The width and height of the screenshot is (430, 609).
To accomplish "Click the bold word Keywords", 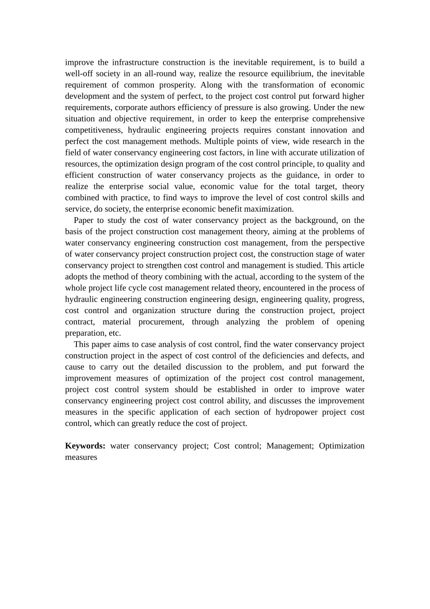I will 85,446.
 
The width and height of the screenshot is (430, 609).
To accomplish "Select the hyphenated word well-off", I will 79,74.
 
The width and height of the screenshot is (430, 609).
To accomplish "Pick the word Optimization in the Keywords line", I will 341,446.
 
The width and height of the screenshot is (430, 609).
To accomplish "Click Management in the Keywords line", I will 290,446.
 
